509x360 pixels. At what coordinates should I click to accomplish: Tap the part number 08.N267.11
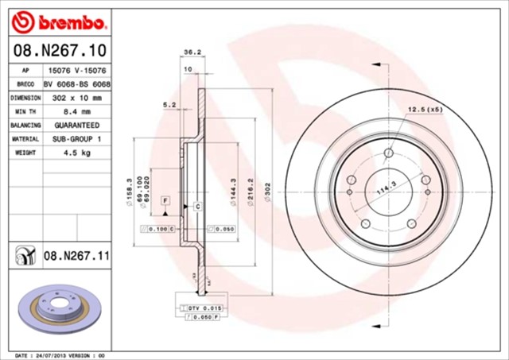76,256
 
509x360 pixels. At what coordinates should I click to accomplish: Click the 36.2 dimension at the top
192,52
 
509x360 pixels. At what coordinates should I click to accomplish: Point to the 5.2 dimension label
169,104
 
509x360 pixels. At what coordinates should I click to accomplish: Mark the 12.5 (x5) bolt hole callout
425,110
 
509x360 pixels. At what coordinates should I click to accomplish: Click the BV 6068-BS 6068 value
76,83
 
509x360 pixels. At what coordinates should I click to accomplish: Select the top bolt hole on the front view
388,153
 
